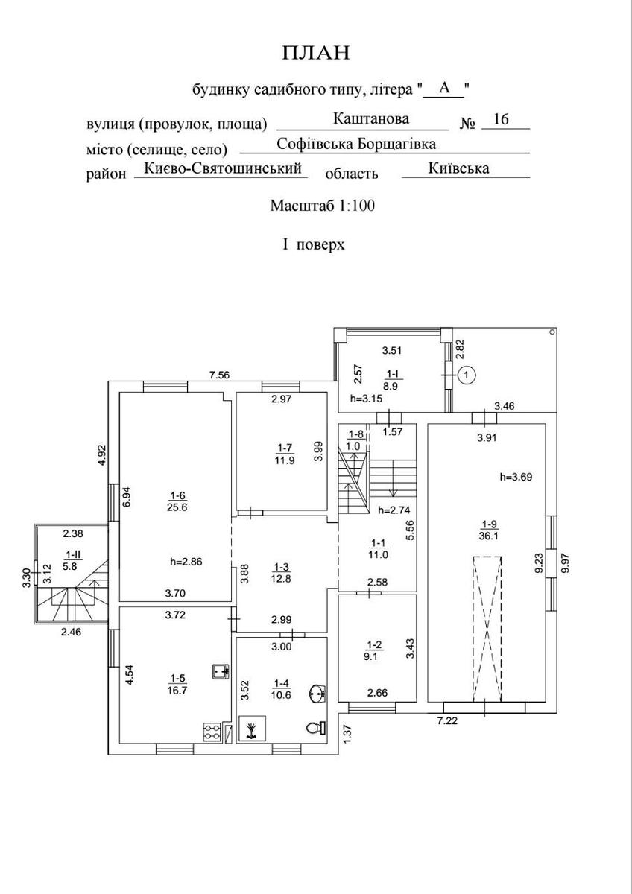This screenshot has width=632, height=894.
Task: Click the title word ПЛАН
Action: (315, 53)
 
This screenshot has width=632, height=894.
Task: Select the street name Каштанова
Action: (371, 118)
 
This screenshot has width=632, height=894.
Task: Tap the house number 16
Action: (501, 120)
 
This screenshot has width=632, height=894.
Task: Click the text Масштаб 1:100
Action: (321, 205)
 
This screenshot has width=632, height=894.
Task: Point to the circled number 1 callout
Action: (466, 375)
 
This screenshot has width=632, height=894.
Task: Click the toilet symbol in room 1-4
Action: (313, 728)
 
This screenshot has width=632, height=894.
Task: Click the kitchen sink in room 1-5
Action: (220, 670)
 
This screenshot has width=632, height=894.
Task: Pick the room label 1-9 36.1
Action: (489, 529)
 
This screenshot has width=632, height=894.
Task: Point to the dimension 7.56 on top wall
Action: (219, 375)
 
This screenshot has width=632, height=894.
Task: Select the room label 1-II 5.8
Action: (74, 560)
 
